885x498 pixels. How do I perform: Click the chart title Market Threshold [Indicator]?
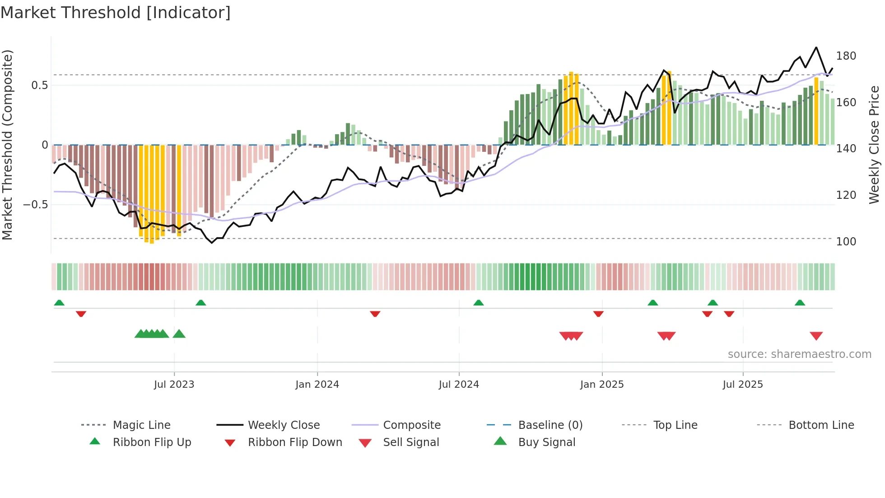(x=116, y=13)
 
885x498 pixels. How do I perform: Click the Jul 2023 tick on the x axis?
(x=174, y=385)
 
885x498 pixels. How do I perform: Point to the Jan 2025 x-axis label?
(x=601, y=385)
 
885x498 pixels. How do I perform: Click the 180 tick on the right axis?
(x=846, y=56)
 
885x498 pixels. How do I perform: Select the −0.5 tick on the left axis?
(x=35, y=205)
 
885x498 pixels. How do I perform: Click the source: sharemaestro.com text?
(x=799, y=354)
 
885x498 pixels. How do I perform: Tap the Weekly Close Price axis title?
(x=874, y=145)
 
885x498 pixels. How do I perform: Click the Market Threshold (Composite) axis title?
(x=7, y=145)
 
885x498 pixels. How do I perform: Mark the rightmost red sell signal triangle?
(x=816, y=336)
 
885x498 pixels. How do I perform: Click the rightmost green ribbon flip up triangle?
(x=800, y=303)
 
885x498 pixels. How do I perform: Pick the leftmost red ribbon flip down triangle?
(x=81, y=314)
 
